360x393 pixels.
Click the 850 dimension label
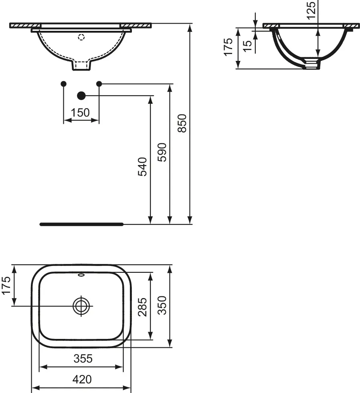182,123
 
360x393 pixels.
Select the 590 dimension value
162,152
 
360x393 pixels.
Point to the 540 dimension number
142,167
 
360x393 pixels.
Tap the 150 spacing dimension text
80,113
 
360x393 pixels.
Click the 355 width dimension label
83,359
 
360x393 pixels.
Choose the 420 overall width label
82,379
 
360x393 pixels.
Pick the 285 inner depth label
142,307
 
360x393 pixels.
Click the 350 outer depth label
162,305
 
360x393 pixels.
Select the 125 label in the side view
311,10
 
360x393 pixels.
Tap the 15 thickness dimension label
248,46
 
